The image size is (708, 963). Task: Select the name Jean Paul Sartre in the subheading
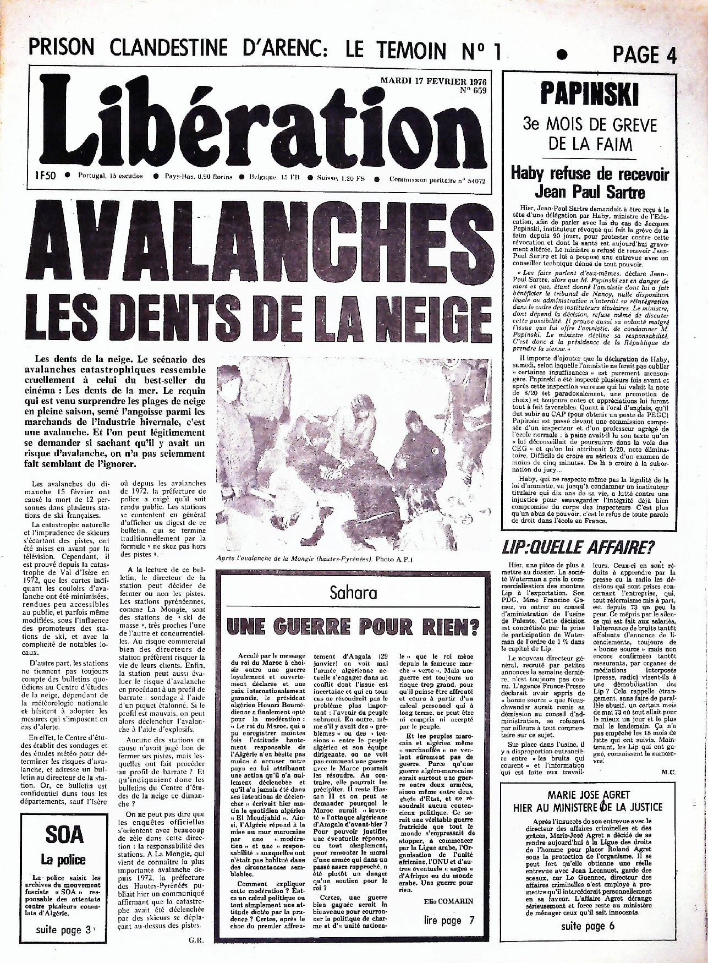click(590, 192)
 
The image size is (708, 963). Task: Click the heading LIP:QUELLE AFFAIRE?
click(578, 547)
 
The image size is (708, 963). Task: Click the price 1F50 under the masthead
click(43, 177)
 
